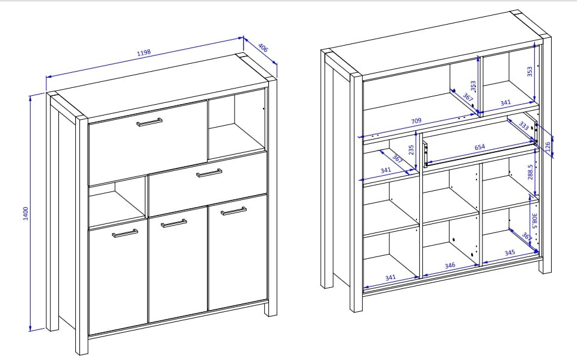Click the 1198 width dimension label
(144, 52)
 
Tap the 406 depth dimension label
(263, 48)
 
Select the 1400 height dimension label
(25, 214)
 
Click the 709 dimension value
(416, 121)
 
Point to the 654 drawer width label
(480, 147)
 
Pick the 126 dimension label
(548, 146)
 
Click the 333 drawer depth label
(523, 126)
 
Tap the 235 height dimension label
(411, 150)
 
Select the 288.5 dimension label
(530, 172)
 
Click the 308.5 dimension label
(535, 220)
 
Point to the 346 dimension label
(449, 265)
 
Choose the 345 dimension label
(510, 253)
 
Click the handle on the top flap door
(149, 122)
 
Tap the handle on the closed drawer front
(209, 173)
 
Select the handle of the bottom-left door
(125, 234)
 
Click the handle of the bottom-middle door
(174, 223)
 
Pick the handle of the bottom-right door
(233, 211)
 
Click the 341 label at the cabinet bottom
(390, 278)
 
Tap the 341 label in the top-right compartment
(505, 103)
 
